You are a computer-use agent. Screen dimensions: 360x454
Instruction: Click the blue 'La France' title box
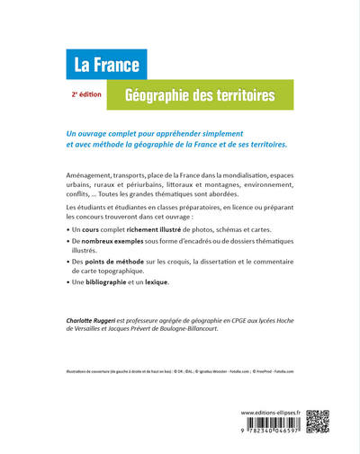pyautogui.click(x=106, y=65)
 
